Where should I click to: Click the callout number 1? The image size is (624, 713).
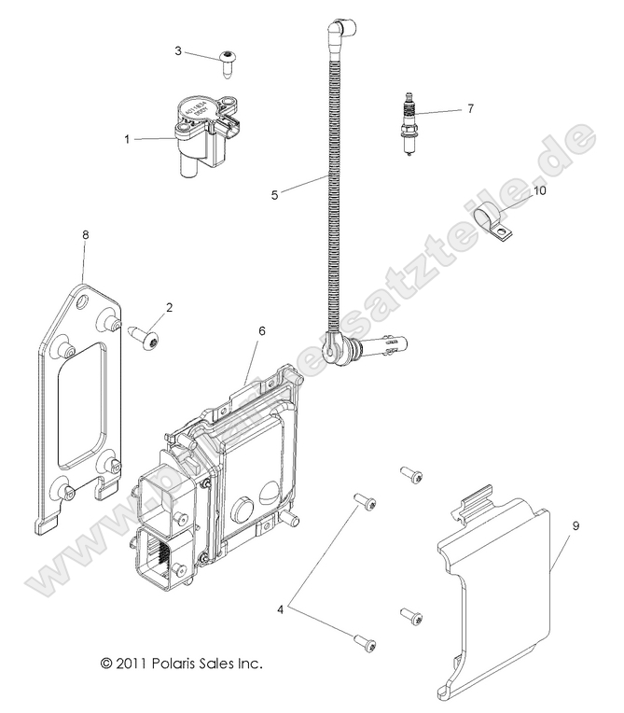pos(128,139)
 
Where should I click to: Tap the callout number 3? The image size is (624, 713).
pos(178,50)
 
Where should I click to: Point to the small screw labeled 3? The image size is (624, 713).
pos(227,62)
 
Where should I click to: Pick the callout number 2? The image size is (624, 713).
pos(169,306)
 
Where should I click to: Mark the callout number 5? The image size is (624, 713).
pos(275,195)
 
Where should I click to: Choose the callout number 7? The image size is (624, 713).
pos(470,108)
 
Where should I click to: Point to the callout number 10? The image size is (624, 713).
pos(539,190)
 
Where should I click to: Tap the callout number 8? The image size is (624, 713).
pos(85,236)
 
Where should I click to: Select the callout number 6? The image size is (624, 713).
pos(262,330)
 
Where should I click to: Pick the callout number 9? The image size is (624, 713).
pos(575,526)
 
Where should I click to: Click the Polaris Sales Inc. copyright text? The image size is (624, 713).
pos(182,664)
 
